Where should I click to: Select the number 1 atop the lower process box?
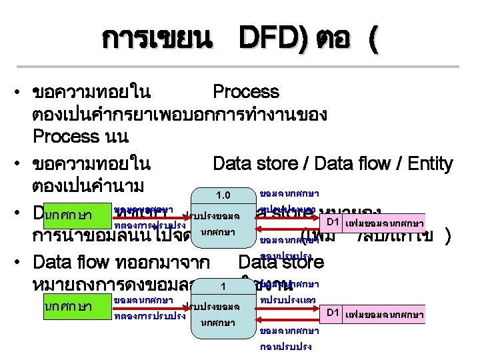point(224,287)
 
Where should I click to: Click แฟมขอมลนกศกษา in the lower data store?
point(385,313)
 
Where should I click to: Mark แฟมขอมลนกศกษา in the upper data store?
point(385,221)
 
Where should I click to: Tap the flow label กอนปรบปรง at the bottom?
point(286,347)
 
